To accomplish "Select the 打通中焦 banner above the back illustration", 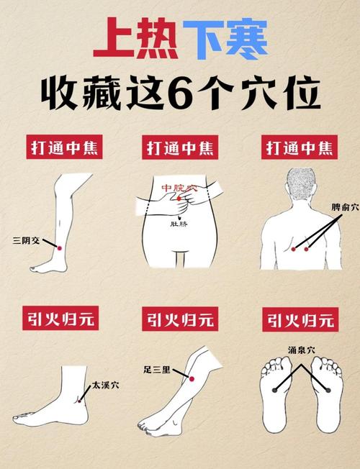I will [x=300, y=149].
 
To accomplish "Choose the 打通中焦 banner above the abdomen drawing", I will [x=180, y=149].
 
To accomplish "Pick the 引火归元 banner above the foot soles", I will [x=300, y=319].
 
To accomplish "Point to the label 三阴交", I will [x=27, y=240].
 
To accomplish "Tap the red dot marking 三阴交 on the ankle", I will [x=60, y=247].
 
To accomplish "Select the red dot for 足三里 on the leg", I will [x=192, y=378].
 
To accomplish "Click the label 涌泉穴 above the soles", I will [x=301, y=351].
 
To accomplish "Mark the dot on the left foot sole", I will [x=275, y=390].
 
